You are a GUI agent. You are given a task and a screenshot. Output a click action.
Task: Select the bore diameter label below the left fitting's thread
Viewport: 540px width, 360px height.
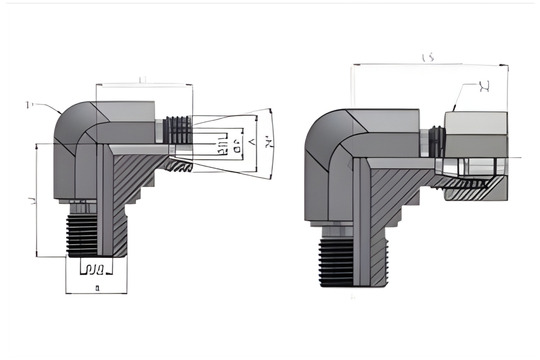click(x=95, y=269)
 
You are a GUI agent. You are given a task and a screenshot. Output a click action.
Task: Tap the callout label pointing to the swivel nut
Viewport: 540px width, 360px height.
click(x=484, y=87)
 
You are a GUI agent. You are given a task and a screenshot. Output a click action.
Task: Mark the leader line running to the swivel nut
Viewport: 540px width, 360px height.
click(x=462, y=97)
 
